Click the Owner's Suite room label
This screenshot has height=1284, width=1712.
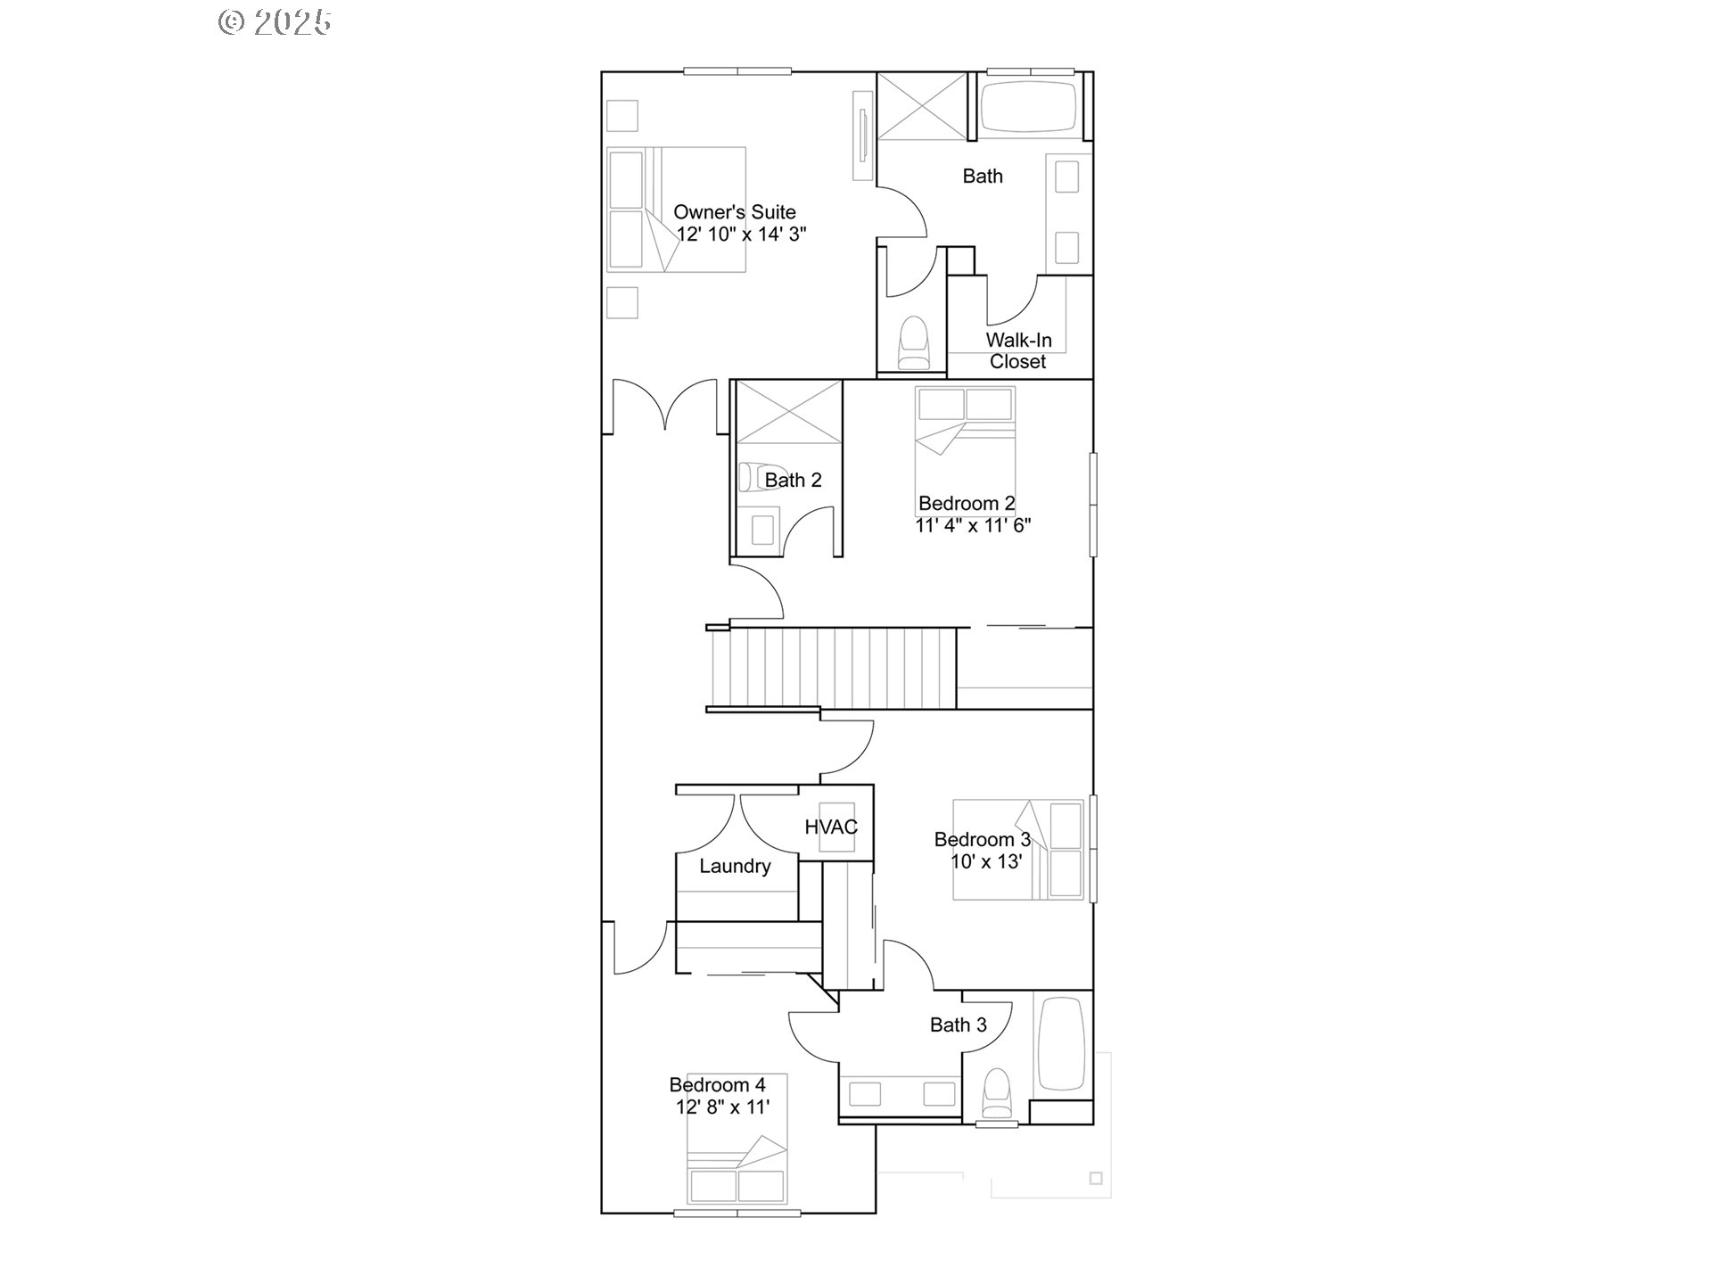click(734, 212)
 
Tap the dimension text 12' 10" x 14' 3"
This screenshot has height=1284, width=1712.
click(741, 235)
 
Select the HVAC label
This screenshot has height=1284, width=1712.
click(831, 827)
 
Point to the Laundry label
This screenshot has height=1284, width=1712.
click(735, 866)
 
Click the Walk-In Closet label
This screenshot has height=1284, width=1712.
click(1018, 350)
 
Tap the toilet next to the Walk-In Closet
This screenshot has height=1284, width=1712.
click(913, 343)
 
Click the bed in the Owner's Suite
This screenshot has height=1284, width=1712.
click(676, 210)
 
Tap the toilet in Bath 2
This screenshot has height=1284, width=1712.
click(756, 477)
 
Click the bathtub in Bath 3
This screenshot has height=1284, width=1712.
click(1061, 1042)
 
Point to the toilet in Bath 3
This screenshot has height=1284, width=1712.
click(996, 1094)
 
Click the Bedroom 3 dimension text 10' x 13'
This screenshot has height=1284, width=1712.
click(986, 861)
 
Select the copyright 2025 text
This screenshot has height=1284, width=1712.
click(275, 21)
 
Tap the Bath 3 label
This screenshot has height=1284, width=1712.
click(958, 1025)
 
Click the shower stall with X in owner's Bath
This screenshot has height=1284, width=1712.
click(921, 106)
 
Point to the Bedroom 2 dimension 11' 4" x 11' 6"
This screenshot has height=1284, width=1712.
click(973, 525)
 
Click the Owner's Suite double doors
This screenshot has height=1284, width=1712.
click(664, 406)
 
